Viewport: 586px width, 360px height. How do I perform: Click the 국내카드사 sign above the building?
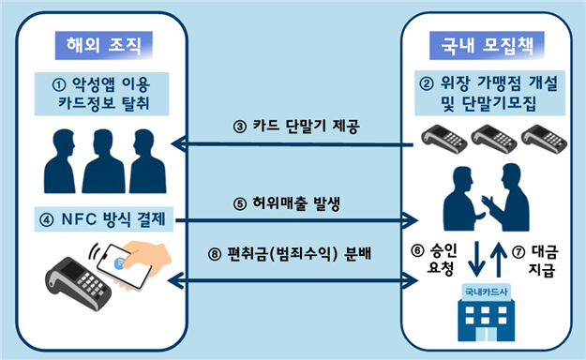pyautogui.click(x=486, y=291)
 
